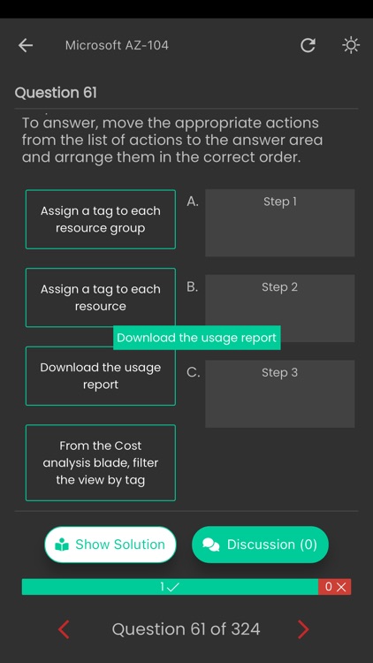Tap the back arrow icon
[x=26, y=45]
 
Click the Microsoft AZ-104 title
[x=117, y=45]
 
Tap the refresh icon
[x=308, y=45]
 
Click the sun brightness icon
[x=351, y=45]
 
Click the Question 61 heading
[x=56, y=93]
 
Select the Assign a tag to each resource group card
[x=101, y=219]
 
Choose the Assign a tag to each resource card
[x=101, y=298]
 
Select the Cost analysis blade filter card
[x=101, y=463]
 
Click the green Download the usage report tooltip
[x=196, y=338]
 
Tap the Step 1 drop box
[x=280, y=223]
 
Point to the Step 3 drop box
[x=280, y=393]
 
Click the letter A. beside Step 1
[x=193, y=202]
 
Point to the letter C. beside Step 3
[x=194, y=373]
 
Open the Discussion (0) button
[x=260, y=545]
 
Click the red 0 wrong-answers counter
[x=335, y=587]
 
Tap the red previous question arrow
[x=64, y=629]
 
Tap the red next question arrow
[x=303, y=629]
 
